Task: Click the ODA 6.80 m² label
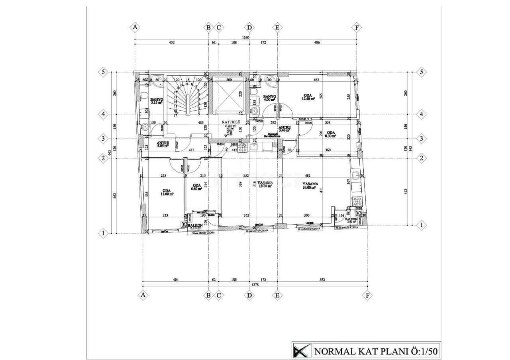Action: pyautogui.click(x=196, y=187)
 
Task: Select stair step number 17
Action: pyautogui.click(x=175, y=115)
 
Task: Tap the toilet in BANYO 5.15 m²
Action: pyautogui.click(x=144, y=95)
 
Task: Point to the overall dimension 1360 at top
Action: pyautogui.click(x=246, y=38)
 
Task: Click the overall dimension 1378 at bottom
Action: pyautogui.click(x=255, y=285)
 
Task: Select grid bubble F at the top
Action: pyautogui.click(x=357, y=27)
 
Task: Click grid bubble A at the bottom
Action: pyautogui.click(x=143, y=295)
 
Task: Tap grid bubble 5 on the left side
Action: pyautogui.click(x=103, y=72)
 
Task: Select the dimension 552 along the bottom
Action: pyautogui.click(x=322, y=280)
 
